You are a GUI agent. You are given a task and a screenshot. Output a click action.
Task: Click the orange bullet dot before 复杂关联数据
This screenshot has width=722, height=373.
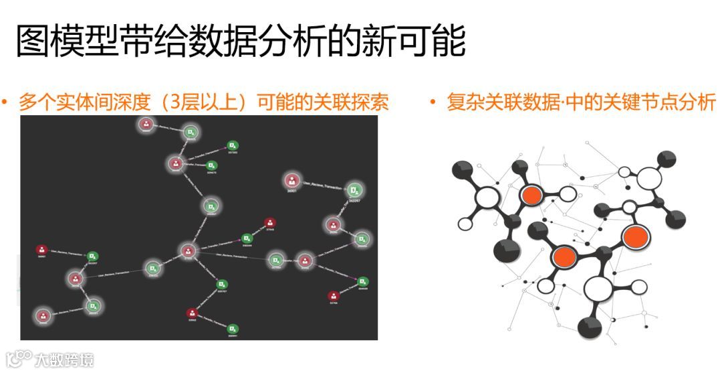pos(433,102)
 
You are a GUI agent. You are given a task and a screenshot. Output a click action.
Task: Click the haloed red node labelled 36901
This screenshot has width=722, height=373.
pos(291,180)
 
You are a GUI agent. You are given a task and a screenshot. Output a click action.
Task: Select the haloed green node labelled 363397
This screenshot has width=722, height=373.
pos(355,189)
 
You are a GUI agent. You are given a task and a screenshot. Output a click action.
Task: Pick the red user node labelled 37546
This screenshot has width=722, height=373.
pos(269,222)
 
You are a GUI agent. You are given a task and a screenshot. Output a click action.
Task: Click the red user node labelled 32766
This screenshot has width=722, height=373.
pos(332,295)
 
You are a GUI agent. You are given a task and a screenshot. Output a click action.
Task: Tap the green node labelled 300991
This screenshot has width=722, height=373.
pos(232,329)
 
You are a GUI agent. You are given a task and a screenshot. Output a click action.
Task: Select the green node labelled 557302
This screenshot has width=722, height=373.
pos(232,145)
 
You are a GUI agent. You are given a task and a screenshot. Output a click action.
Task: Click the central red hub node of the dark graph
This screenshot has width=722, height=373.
pos(187,251)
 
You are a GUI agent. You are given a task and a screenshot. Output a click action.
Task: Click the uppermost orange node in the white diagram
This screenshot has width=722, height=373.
pos(531,195)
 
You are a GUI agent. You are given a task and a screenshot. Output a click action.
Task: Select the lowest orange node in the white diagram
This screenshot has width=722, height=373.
pos(565,256)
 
